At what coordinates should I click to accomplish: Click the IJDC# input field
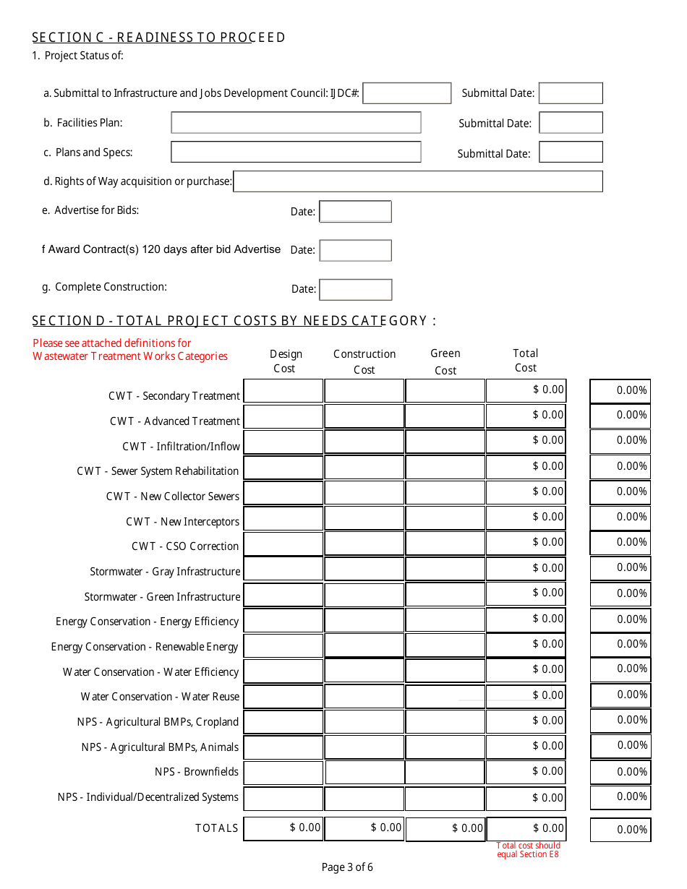tap(406, 93)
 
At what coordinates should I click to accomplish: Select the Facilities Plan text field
tap(296, 123)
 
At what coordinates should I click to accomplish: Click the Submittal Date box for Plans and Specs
tap(571, 153)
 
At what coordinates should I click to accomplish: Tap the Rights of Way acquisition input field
tap(417, 181)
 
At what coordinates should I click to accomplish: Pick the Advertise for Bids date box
tap(355, 212)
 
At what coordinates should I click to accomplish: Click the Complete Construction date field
tap(355, 289)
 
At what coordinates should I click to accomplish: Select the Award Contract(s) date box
tap(355, 250)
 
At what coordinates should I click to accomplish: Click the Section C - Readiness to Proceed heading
tap(158, 38)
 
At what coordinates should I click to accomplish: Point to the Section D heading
tap(234, 321)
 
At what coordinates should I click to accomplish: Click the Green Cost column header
tap(445, 361)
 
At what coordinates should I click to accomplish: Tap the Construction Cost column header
tap(364, 361)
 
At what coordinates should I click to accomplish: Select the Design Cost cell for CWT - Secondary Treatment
tap(283, 391)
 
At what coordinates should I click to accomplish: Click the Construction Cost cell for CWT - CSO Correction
tap(364, 544)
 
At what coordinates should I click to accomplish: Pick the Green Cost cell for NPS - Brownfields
tap(445, 772)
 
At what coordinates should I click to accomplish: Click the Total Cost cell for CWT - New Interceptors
tap(526, 517)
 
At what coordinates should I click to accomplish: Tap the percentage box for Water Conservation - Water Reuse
tap(620, 695)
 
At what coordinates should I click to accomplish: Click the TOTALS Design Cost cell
tap(283, 828)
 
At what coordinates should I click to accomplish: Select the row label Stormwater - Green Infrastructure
tap(162, 597)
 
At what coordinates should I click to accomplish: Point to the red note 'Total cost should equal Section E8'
tap(528, 850)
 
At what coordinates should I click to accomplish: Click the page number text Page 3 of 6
tap(347, 867)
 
